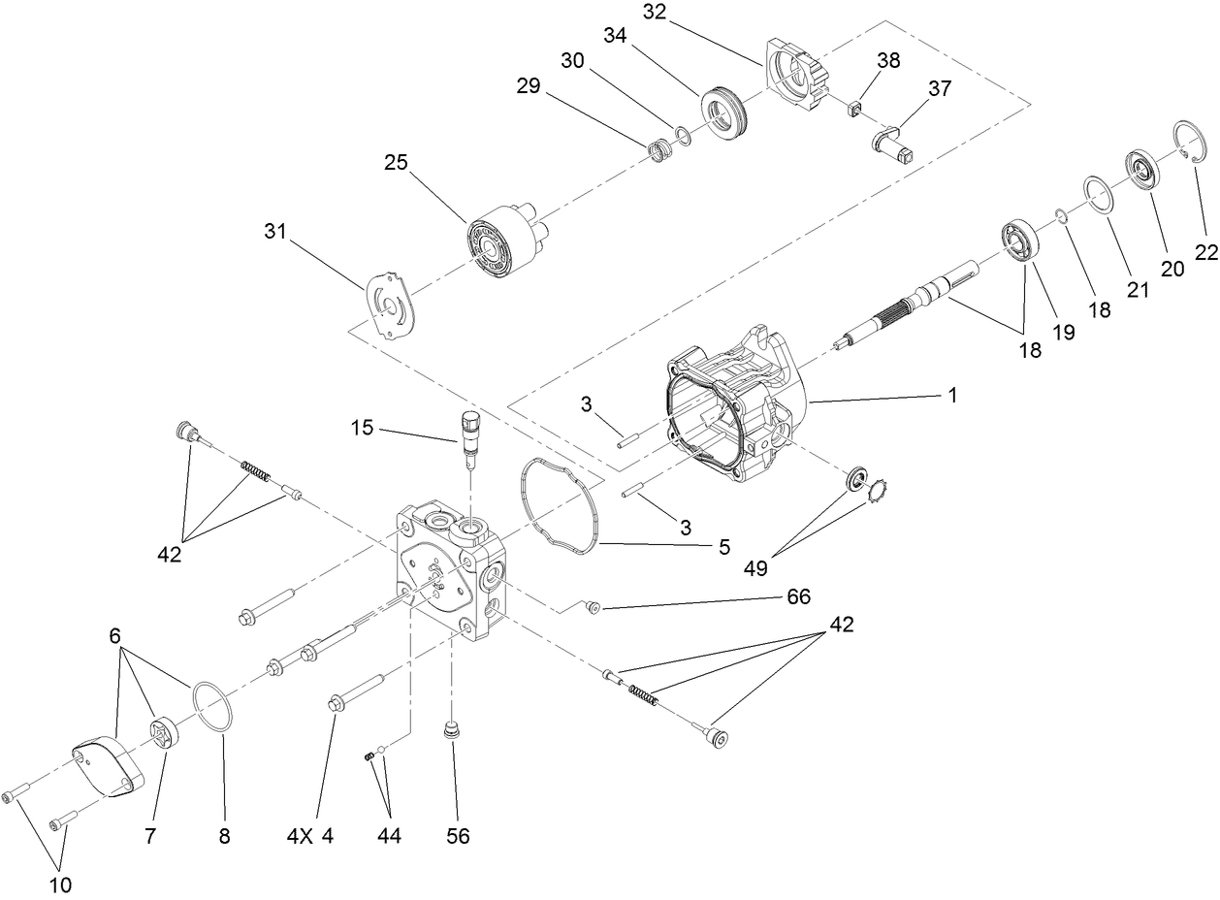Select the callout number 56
pyautogui.click(x=458, y=835)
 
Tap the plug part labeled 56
pyautogui.click(x=449, y=728)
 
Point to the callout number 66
pyautogui.click(x=799, y=596)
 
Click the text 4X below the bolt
pyautogui.click(x=300, y=835)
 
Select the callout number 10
pyautogui.click(x=60, y=884)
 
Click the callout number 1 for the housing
pyautogui.click(x=952, y=396)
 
